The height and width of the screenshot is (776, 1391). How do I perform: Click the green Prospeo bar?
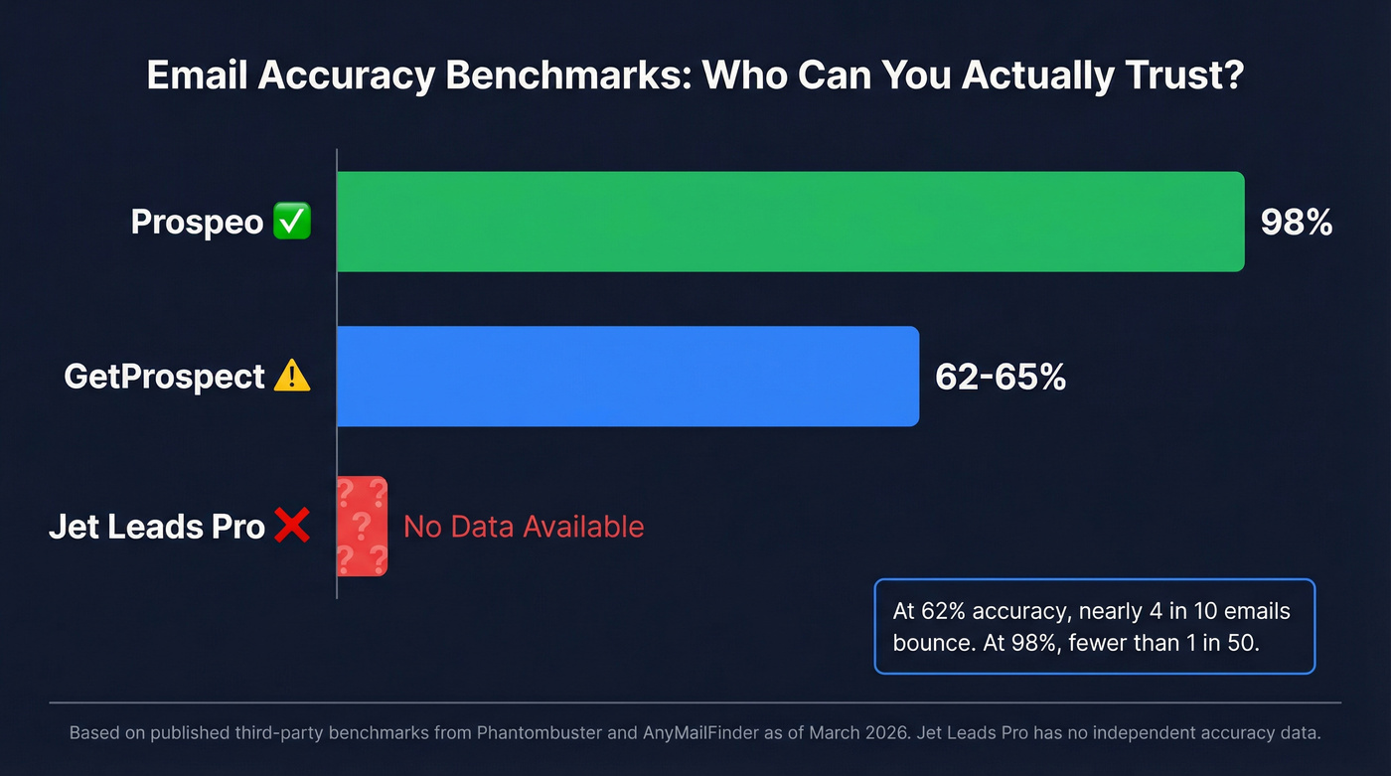click(790, 222)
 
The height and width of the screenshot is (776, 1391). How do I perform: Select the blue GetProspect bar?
click(628, 377)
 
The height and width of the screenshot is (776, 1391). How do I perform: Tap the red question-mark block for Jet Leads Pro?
click(362, 527)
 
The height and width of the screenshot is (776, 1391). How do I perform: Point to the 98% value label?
click(1296, 223)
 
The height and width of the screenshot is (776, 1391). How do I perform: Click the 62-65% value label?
click(1001, 378)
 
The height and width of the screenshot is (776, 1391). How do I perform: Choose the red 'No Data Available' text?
click(524, 527)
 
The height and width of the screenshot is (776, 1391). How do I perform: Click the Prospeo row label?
click(198, 222)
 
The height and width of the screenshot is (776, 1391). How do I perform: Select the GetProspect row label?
click(165, 377)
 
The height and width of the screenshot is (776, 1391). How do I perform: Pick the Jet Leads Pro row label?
click(157, 527)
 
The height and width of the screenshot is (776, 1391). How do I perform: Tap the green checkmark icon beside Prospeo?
click(292, 222)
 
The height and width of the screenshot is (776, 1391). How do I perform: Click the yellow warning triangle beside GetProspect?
click(292, 376)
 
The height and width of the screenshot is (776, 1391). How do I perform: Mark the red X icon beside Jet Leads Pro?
click(292, 527)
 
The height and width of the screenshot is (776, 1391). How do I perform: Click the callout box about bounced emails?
click(1094, 627)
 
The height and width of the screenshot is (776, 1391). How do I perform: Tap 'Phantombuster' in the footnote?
click(541, 734)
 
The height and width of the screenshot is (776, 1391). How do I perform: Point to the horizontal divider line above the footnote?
click(695, 701)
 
